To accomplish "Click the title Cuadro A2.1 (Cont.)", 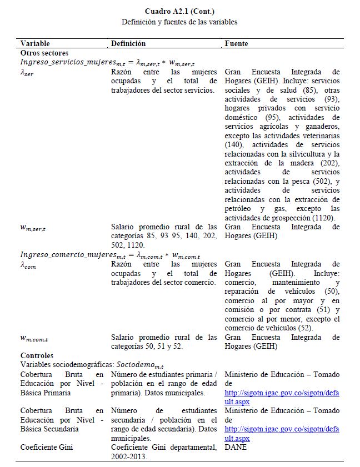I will point(179,12).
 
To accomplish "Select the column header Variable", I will point(35,43).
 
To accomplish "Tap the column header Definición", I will point(128,43).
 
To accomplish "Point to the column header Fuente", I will point(236,43).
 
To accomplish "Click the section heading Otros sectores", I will point(44,53).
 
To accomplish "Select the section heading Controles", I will point(37,355).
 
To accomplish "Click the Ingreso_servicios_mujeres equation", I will point(107,62).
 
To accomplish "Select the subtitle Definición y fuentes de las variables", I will point(179,22).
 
